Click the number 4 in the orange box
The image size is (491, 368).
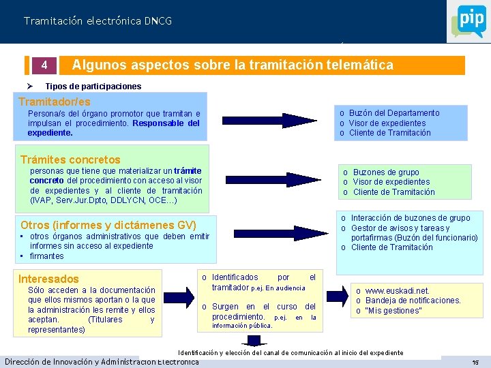point(44,66)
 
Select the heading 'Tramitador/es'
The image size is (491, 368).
point(54,101)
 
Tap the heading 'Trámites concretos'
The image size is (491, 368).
point(70,159)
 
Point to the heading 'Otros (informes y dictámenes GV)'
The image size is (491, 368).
point(108,225)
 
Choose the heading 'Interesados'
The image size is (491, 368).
point(48,279)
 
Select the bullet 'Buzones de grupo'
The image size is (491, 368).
point(386,172)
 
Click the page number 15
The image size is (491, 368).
point(475,362)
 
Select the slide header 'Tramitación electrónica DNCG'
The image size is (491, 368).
point(98,21)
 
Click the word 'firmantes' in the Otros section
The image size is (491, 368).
point(47,256)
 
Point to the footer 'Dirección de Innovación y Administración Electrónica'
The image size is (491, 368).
point(102,361)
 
